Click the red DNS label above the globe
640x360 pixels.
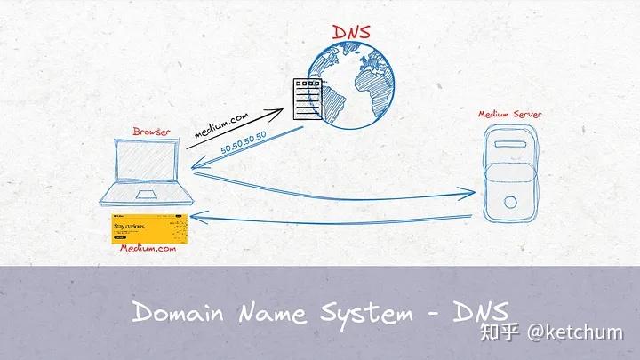351,33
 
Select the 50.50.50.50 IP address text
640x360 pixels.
244,146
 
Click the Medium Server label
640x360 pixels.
508,115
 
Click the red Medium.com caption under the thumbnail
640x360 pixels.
147,249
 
